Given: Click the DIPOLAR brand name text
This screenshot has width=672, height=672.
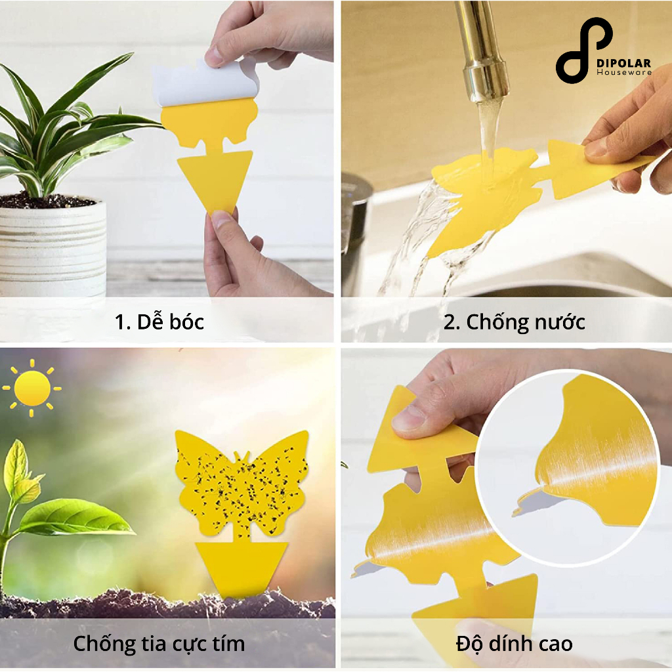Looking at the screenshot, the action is click(x=623, y=64).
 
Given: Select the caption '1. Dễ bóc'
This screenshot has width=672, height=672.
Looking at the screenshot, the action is click(x=159, y=322).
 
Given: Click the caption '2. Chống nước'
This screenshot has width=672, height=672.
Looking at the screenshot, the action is click(x=514, y=322).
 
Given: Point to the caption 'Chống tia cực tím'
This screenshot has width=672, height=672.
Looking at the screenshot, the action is click(x=159, y=644).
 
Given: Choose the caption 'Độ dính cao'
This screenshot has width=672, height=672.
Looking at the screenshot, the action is click(x=514, y=644).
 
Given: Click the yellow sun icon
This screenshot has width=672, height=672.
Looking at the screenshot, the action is click(x=32, y=388).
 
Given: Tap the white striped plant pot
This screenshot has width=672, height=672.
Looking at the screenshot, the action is click(x=52, y=249).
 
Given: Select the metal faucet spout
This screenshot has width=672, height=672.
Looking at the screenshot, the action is click(x=480, y=56).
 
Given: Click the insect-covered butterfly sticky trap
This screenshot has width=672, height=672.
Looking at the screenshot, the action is click(x=243, y=484).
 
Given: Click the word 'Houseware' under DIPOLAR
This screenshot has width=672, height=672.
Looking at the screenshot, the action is click(x=624, y=73).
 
